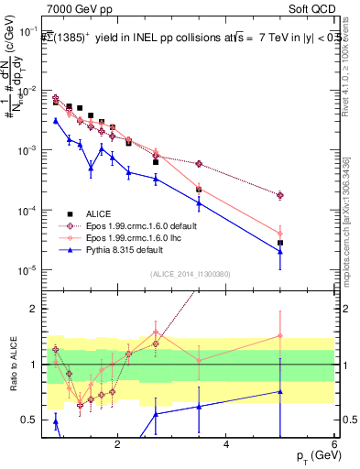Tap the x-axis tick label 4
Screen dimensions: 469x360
(x=226, y=444)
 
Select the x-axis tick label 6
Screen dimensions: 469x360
(x=334, y=444)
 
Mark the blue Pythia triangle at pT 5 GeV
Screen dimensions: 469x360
(x=280, y=251)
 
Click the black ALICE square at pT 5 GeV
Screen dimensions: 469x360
(x=280, y=243)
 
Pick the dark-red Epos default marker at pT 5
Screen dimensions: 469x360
(x=280, y=195)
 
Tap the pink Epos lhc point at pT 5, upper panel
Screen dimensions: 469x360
(x=280, y=234)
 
